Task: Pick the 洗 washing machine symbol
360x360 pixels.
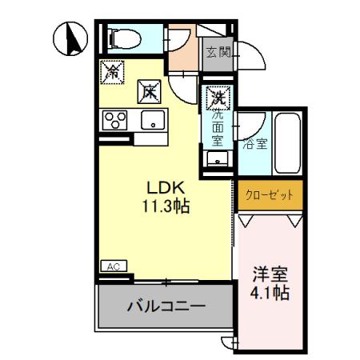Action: click(x=217, y=98)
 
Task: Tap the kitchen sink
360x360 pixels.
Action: click(x=151, y=121)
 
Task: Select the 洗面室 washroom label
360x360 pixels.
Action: click(x=217, y=127)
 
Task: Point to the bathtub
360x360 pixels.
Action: click(x=286, y=144)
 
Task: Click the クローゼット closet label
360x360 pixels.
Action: click(x=270, y=194)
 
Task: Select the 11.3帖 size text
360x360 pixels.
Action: click(x=166, y=206)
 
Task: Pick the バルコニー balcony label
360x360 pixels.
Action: click(x=166, y=306)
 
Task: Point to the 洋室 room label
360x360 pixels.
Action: click(x=268, y=272)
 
